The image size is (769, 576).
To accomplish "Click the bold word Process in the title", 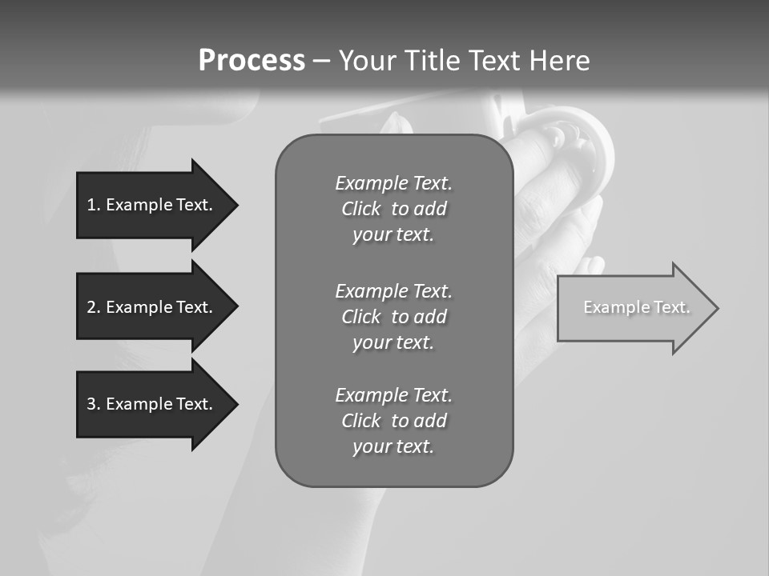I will point(252,61).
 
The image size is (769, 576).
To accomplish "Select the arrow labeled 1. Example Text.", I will point(156,205).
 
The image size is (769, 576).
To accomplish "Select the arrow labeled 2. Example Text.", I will point(156,307).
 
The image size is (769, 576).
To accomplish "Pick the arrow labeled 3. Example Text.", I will point(156,404).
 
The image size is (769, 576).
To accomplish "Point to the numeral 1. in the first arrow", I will point(94,205).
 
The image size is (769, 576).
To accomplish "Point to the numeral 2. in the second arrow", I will point(94,307).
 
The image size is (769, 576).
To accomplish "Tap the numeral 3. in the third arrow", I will point(94,404).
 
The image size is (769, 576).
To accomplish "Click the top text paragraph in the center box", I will point(393,209).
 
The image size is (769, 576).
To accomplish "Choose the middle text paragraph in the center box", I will point(393,317).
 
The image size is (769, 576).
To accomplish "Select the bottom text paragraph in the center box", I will point(393,421).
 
